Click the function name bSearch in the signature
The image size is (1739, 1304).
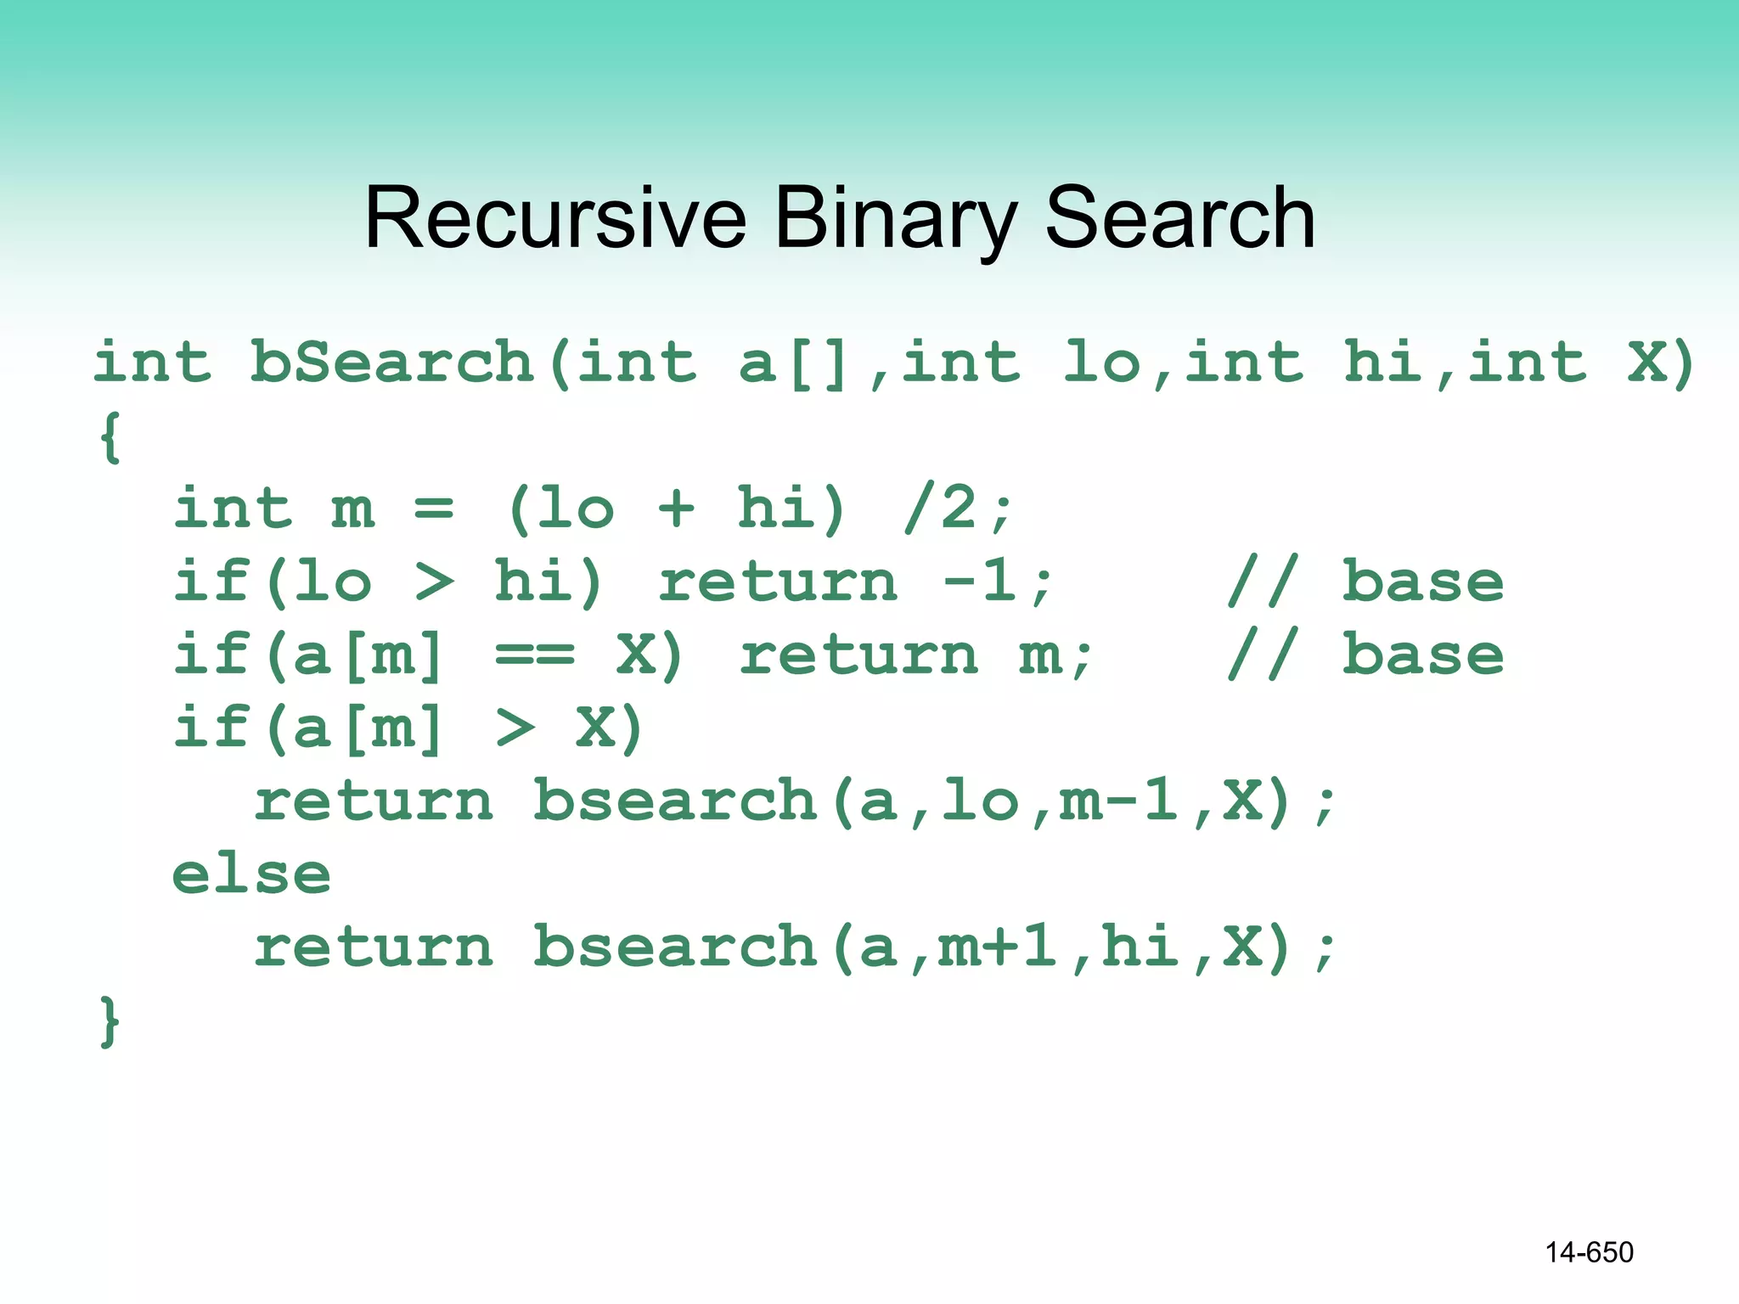391,363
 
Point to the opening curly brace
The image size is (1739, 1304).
110,437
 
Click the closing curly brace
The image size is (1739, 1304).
110,1021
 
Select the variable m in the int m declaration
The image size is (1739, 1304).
352,509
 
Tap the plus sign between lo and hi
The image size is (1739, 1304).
676,509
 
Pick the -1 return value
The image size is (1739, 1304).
980,582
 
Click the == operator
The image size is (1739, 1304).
535,655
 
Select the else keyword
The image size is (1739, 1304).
251,874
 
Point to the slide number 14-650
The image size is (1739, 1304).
1589,1252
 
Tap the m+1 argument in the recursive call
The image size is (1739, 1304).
997,947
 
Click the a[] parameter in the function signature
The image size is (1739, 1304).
793,363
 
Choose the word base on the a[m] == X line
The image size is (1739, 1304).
1423,655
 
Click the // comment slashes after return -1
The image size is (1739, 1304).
1263,582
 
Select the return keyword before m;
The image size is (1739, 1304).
858,655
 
